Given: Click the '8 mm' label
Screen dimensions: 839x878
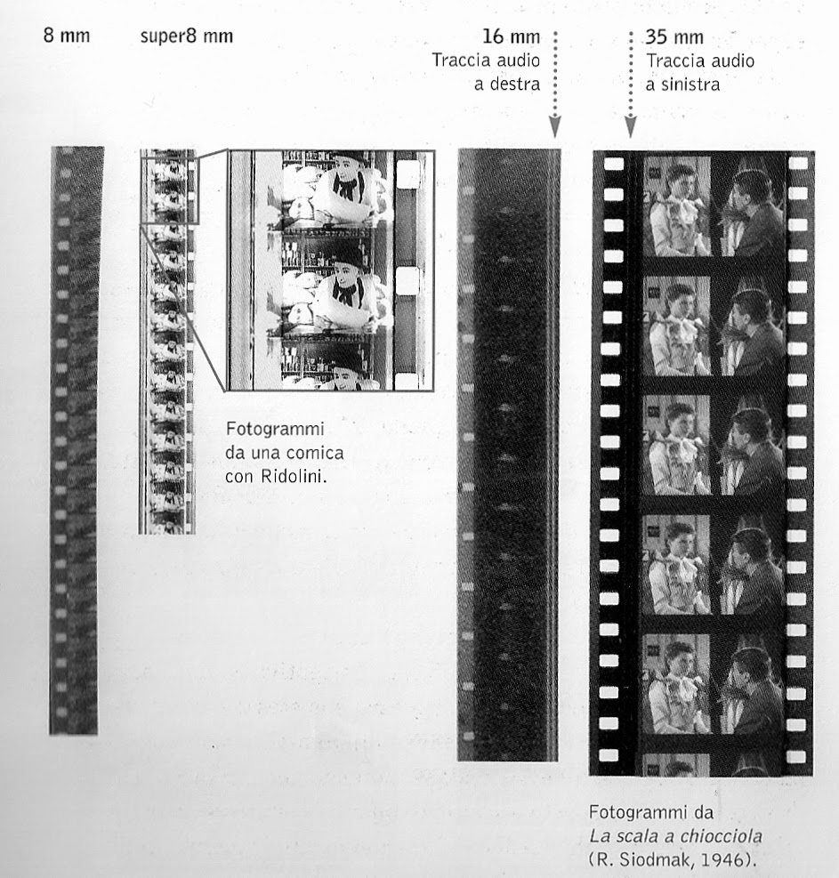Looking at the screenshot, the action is (x=67, y=36).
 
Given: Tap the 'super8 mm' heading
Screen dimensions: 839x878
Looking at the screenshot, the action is (x=187, y=36).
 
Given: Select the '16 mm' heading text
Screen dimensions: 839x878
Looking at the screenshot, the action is (x=512, y=37).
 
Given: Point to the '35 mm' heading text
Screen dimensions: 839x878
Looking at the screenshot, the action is (x=674, y=37).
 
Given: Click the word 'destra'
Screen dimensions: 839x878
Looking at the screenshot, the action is (x=515, y=84).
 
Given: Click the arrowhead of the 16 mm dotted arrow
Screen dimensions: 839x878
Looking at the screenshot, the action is (x=554, y=127).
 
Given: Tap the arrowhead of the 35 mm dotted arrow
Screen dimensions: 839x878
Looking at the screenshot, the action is (x=631, y=127).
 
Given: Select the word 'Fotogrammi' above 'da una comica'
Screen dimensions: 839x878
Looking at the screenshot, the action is (x=275, y=429).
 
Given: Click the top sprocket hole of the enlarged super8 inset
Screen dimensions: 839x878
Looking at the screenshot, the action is (x=407, y=173).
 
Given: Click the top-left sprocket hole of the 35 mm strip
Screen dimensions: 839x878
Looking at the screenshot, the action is (x=614, y=164).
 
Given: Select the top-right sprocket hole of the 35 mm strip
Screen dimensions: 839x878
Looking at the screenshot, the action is (x=798, y=164).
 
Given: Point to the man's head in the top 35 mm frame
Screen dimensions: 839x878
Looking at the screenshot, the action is (x=749, y=190).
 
